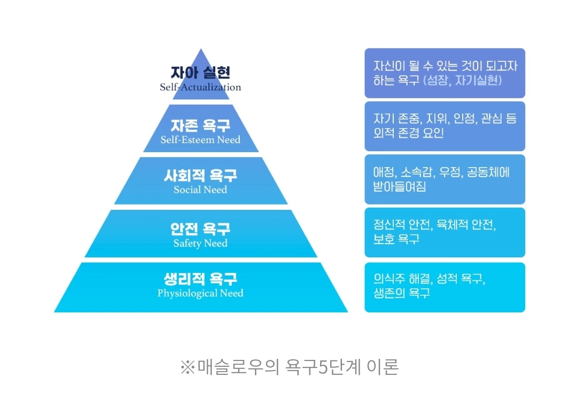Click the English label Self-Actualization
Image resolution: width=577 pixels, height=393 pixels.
click(x=200, y=87)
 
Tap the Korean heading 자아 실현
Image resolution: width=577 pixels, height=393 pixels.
click(x=200, y=73)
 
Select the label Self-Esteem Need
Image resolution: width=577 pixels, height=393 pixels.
click(x=200, y=140)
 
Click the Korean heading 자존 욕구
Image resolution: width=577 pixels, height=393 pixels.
click(x=200, y=126)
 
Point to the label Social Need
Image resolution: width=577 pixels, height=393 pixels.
click(x=200, y=190)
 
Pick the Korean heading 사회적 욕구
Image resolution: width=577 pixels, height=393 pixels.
click(x=200, y=176)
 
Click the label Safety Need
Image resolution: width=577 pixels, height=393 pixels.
click(x=200, y=243)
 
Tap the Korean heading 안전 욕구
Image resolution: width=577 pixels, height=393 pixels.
click(x=200, y=229)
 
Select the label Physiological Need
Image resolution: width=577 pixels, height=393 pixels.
click(x=200, y=293)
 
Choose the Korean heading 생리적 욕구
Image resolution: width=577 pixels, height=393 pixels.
click(x=200, y=279)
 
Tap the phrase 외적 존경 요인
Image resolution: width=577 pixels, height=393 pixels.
click(x=409, y=133)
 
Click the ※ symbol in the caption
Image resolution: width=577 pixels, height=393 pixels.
click(x=189, y=367)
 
